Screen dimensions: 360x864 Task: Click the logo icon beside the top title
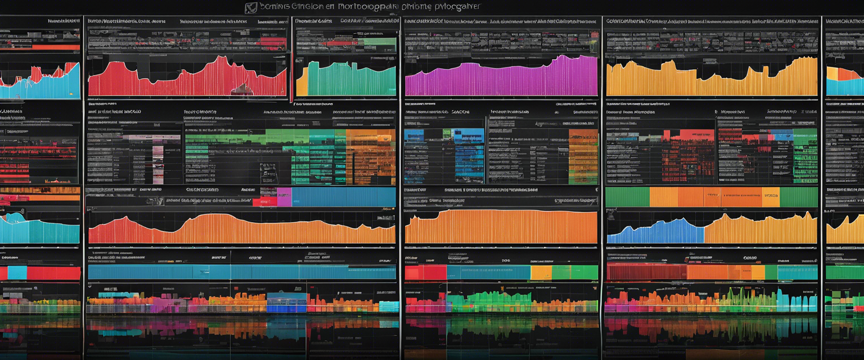coord(250,7)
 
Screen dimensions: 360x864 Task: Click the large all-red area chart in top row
coord(186,82)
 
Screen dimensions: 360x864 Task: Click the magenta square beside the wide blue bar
coord(284,197)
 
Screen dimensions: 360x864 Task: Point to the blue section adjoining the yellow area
coord(655,232)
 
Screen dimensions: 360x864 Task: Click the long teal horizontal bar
coord(242,272)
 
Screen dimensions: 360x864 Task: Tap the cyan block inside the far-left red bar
coord(17,273)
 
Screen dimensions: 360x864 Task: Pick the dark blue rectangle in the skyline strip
coord(286,304)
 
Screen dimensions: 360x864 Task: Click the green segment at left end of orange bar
coord(627,197)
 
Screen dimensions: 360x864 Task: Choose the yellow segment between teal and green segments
coord(541,273)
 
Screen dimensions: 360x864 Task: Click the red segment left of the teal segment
coord(425,273)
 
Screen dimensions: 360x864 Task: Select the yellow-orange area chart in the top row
coord(712,82)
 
